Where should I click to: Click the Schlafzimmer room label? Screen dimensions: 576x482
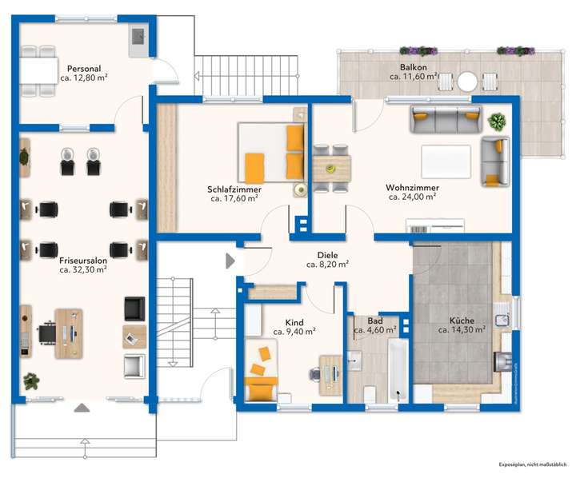tap(234, 189)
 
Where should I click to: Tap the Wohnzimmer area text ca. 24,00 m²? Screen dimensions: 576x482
tap(412, 197)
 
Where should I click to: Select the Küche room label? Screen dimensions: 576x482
tap(462, 321)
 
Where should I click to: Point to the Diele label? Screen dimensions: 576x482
tap(327, 255)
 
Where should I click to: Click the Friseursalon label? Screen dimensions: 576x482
tap(83, 261)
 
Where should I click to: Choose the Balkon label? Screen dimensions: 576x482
tap(414, 67)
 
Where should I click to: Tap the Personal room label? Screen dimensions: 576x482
tap(84, 69)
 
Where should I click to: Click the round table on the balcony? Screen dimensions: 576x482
tap(467, 82)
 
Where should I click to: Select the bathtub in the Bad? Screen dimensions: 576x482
tap(398, 370)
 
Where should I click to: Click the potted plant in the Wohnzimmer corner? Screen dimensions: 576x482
tap(497, 121)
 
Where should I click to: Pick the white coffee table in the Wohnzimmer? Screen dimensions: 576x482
tap(446, 161)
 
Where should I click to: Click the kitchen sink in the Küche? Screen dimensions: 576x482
tap(502, 320)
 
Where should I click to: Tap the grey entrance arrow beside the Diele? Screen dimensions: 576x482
tap(230, 261)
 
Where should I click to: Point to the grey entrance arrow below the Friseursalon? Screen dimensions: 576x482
tap(82, 408)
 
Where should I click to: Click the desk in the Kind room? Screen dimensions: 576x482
tap(330, 375)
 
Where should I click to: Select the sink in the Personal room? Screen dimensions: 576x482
tap(138, 37)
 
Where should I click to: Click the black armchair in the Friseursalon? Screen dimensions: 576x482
tap(134, 309)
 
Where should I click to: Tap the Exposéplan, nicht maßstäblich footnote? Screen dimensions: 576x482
tap(532, 464)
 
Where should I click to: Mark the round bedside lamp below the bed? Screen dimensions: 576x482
tap(301, 189)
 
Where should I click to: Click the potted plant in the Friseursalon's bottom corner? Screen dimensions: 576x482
tap(31, 381)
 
